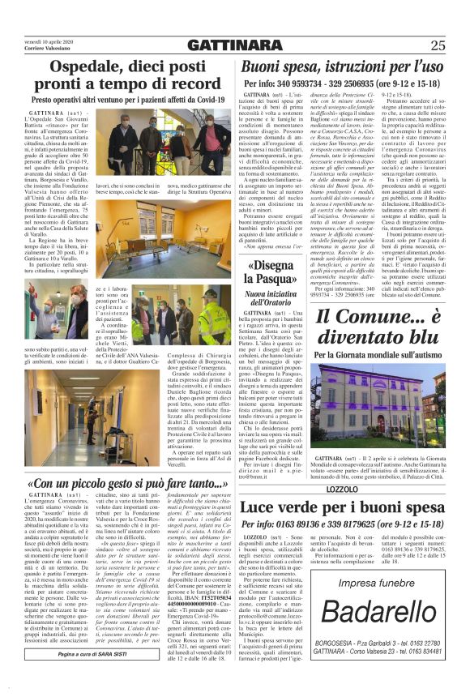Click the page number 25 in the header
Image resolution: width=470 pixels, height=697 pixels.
(x=438, y=45)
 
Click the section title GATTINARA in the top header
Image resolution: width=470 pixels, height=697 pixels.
(x=235, y=45)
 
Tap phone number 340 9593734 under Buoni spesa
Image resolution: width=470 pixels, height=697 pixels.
(x=311, y=83)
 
